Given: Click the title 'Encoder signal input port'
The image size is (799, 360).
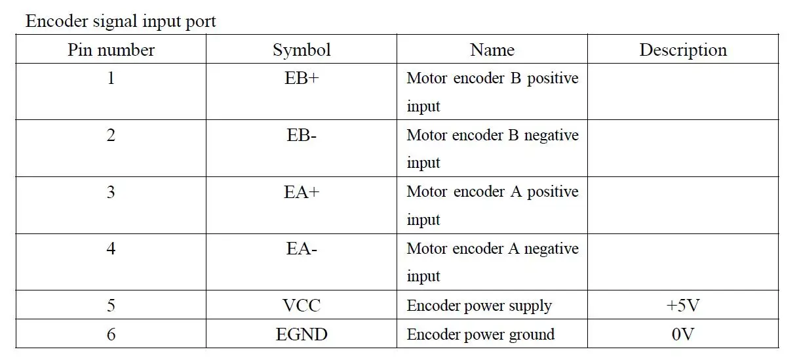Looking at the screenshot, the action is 121,22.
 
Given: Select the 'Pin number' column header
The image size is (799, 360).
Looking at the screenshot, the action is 111,50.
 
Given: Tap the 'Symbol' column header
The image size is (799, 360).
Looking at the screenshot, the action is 302,50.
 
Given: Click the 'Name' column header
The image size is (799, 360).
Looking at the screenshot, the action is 492,50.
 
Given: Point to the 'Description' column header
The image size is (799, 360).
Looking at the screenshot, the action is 683,50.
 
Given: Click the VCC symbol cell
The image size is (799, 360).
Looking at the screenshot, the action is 302,306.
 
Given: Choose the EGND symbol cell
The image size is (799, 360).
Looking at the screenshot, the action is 302,334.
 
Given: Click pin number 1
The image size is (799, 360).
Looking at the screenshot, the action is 111,78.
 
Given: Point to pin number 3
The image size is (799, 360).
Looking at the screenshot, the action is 111,192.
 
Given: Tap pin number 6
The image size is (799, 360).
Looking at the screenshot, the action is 111,334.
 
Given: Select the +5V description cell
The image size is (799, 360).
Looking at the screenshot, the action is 683,306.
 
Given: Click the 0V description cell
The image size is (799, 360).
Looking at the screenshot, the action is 683,334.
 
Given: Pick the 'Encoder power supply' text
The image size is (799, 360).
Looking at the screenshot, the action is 479,306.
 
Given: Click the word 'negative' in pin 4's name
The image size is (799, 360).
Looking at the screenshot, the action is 551,249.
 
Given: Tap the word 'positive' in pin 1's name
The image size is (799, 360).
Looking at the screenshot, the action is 553,79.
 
